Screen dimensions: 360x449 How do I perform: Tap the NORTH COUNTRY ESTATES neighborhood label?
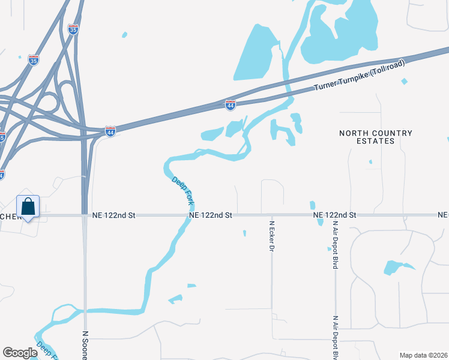pyautogui.click(x=376, y=137)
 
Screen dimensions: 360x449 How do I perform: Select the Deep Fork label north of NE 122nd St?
pyautogui.click(x=182, y=188)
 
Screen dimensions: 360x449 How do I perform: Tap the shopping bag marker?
pyautogui.click(x=28, y=208)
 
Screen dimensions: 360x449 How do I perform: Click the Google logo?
pyautogui.click(x=20, y=353)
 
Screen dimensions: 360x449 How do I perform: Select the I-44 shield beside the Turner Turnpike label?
pyautogui.click(x=231, y=105)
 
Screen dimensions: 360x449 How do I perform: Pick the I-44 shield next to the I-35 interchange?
pyautogui.click(x=110, y=130)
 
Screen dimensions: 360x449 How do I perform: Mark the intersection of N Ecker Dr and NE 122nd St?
pyautogui.click(x=272, y=215)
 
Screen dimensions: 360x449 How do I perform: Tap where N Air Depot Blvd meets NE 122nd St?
pyautogui.click(x=334, y=215)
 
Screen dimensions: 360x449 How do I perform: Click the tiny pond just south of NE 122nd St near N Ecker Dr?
pyautogui.click(x=244, y=233)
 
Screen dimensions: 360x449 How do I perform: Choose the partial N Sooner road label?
pyautogui.click(x=85, y=346)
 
